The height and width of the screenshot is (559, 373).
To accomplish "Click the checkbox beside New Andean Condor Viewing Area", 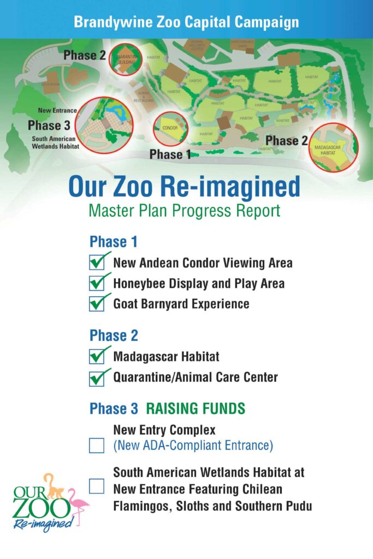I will click(97, 263).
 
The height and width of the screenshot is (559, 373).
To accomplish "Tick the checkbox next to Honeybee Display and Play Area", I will click(97, 283).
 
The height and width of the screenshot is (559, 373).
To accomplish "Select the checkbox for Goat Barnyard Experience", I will click(97, 304).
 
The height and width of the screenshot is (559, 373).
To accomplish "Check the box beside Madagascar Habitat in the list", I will click(97, 357).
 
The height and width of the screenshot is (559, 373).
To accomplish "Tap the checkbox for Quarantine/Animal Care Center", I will click(97, 377).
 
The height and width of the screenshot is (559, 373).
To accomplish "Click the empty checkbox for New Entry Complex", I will click(97, 445).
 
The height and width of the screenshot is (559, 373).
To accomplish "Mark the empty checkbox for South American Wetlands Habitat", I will click(97, 486).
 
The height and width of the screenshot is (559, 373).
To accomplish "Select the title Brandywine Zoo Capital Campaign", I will click(186, 22).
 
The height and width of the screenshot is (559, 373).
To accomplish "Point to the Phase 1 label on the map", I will click(170, 154).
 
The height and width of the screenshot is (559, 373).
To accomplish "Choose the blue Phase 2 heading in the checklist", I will click(114, 335).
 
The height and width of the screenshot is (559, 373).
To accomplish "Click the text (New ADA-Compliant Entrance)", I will click(193, 445).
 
